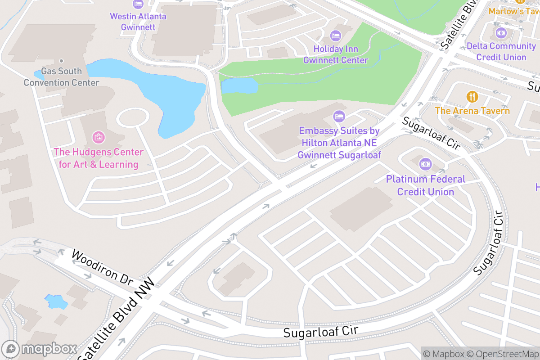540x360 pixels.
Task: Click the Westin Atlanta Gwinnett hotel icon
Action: coord(138,4)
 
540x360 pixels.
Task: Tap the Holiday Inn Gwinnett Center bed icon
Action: coord(335,35)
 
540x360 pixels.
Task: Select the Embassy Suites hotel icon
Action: coord(339,117)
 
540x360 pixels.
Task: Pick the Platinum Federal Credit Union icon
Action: coord(425,164)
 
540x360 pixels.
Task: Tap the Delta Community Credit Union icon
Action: coord(501,32)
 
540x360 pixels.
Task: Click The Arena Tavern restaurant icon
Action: coord(472,96)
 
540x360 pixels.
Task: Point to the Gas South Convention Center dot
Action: coord(62,61)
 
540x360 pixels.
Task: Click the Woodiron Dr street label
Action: coord(103,268)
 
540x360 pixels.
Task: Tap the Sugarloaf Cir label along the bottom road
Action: coord(320,331)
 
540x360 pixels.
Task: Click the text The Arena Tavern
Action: coord(472,111)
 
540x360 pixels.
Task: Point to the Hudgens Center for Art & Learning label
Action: coord(98,158)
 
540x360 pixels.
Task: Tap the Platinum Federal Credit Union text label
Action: coord(425,185)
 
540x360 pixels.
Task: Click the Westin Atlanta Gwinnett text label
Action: coord(138,22)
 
